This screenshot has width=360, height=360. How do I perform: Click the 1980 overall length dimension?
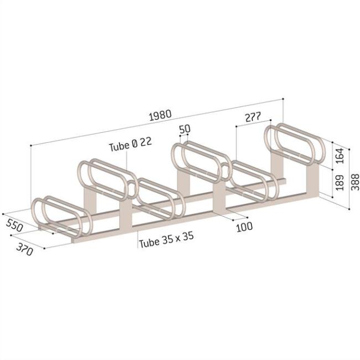(160, 115)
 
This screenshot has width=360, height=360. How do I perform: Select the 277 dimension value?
(252, 117)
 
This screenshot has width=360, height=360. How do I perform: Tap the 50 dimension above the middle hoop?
(184, 128)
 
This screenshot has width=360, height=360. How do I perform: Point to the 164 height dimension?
(340, 157)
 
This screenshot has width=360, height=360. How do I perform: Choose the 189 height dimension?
(340, 182)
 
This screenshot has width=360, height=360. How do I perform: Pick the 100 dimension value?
(244, 227)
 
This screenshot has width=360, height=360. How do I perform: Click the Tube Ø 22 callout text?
(130, 146)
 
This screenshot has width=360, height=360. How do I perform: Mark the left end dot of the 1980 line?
(30, 145)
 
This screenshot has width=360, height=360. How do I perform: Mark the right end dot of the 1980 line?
(284, 99)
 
